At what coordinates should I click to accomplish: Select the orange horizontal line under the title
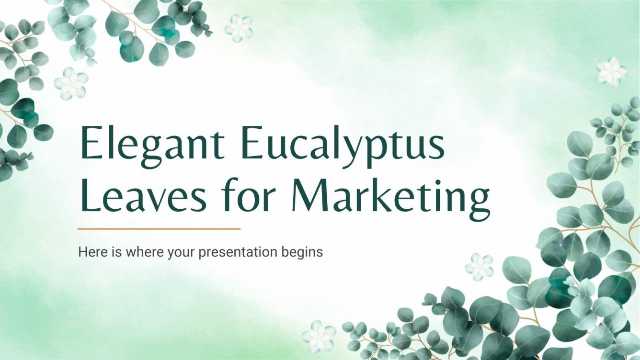coord(159,229)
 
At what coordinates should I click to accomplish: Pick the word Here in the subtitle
coord(89,252)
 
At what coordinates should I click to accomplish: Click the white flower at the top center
coord(239,27)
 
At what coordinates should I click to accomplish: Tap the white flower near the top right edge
coord(612,71)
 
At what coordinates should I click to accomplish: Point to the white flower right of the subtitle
coord(479,267)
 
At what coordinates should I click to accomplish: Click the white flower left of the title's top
coord(71,82)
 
